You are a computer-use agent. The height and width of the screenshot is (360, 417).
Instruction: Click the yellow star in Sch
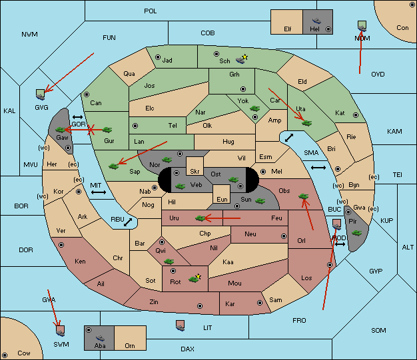coord(245,57)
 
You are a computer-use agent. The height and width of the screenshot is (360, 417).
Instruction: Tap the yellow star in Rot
coord(198,277)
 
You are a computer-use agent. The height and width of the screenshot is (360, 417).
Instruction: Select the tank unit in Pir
coord(356,233)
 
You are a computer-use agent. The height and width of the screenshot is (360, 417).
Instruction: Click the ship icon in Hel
coord(316,21)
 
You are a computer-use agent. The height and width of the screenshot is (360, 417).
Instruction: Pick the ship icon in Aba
coord(101,337)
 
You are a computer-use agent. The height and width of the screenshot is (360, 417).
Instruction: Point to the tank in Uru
coord(201,218)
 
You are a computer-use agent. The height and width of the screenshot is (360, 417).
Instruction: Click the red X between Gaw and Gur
coord(91,130)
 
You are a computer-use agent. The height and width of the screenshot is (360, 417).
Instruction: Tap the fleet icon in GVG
coord(41,94)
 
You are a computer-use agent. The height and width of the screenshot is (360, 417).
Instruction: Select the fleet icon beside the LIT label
coord(181,325)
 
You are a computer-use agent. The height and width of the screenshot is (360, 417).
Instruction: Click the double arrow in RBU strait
coord(128,222)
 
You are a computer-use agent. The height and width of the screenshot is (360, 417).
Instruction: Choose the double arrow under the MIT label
coord(99,192)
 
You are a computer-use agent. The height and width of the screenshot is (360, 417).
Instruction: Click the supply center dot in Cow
coord(5,355)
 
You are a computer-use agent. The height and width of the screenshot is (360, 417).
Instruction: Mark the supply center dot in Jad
coord(158,57)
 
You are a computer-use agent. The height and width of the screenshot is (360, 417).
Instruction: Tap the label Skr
coord(195,172)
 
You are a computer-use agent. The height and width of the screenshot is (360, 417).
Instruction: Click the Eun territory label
coord(222,199)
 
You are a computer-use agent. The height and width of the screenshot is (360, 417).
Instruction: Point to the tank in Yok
coord(254,108)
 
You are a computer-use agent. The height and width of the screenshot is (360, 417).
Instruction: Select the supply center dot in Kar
coord(260,303)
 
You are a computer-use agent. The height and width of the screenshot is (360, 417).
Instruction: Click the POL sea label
coord(151,11)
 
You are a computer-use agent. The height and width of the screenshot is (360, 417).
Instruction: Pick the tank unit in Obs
coord(304,196)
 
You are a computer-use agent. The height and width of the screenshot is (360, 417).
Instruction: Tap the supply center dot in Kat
coord(356,115)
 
